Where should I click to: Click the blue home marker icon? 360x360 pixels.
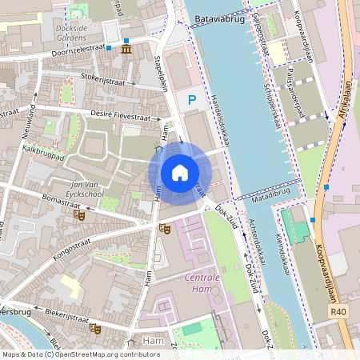180,172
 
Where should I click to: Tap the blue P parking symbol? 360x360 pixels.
190,100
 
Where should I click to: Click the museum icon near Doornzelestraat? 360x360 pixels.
128,50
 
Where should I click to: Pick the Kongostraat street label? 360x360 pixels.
74,238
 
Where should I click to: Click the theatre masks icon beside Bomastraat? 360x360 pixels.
78,214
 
